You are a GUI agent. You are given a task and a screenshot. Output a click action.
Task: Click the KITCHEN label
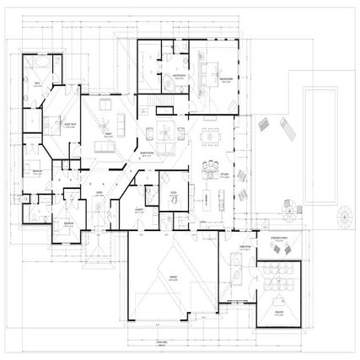tap(225, 175)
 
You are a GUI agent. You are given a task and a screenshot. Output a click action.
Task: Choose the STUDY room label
tap(172, 193)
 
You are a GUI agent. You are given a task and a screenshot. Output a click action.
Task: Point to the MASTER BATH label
tap(180, 75)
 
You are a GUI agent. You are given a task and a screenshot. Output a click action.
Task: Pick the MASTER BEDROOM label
tap(225, 80)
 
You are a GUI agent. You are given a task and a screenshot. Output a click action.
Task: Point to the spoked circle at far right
tap(344, 216)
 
